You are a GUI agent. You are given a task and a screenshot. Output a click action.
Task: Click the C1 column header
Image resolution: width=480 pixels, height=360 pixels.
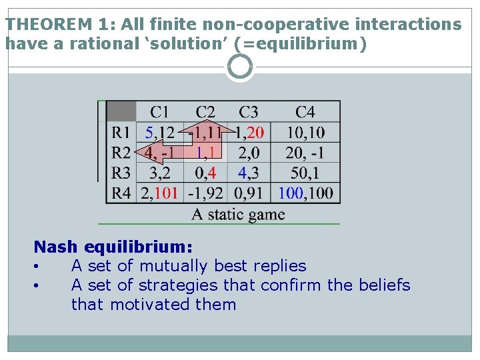point(159,111)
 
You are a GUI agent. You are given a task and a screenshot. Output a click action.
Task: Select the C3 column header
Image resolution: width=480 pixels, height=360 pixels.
point(249,111)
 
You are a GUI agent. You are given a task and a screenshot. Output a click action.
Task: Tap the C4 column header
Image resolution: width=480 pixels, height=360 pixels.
point(305,111)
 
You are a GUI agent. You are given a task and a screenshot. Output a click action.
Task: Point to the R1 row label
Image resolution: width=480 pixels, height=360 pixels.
point(121,132)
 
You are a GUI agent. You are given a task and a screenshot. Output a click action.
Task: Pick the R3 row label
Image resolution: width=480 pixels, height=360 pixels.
point(121,173)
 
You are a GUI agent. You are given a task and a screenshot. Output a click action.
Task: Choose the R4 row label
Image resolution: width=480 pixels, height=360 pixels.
point(121,194)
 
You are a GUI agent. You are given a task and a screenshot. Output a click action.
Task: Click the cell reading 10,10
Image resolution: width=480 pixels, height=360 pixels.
point(305,132)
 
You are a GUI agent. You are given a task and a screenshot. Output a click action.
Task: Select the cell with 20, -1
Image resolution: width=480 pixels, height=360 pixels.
point(305,153)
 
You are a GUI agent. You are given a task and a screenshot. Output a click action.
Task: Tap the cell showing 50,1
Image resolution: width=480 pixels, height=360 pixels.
point(305,173)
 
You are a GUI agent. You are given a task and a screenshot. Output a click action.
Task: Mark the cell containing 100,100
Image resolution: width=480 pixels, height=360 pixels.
point(305,194)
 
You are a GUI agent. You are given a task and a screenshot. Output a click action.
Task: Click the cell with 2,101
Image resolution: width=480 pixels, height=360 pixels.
point(159,194)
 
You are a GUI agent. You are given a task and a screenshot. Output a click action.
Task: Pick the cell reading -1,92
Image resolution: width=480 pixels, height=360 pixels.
point(205,194)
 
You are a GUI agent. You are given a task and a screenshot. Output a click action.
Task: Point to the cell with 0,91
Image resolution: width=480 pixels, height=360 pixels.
point(249,194)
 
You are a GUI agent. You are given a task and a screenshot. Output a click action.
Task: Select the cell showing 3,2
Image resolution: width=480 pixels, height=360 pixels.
point(159,173)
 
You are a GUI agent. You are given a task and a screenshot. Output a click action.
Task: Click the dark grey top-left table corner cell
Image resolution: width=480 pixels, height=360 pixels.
point(121,111)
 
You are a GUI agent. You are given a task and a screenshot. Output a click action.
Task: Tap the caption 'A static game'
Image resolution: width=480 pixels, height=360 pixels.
point(238,214)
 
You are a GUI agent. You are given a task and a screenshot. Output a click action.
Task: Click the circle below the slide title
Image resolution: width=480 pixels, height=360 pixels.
point(240,67)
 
